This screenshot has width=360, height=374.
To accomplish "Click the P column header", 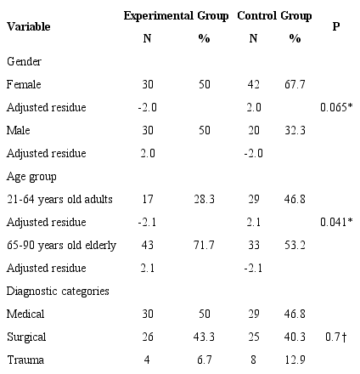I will pos(336,26).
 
